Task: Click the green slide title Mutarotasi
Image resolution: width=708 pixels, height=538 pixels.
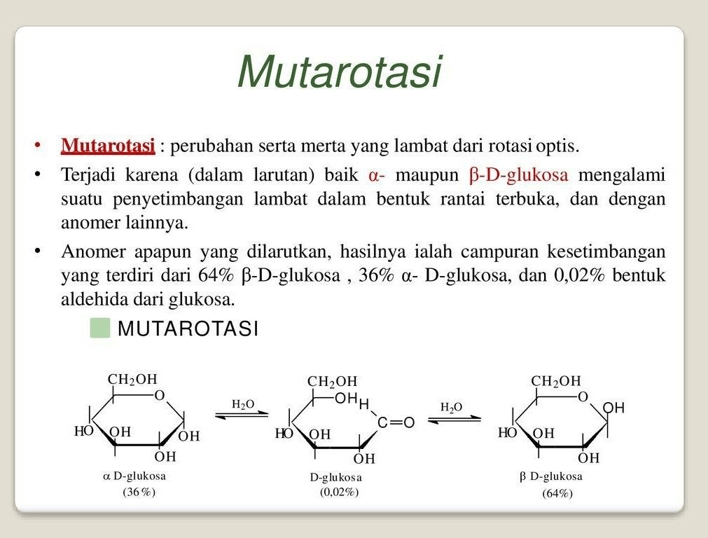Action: click(340, 71)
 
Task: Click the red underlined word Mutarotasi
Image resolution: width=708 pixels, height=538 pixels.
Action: click(108, 146)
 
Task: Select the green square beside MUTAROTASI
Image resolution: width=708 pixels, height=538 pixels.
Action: click(100, 328)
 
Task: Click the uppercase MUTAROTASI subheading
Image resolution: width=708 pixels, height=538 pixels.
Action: click(188, 328)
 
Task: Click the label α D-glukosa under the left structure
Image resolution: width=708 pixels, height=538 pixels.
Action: click(134, 476)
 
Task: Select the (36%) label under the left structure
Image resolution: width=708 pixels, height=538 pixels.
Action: click(139, 492)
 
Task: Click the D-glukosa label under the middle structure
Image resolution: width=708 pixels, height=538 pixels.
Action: click(337, 477)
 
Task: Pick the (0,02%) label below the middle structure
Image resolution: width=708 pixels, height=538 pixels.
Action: click(340, 492)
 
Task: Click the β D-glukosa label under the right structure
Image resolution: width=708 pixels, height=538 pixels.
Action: click(550, 476)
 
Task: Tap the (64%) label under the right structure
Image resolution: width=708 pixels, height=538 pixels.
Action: click(557, 493)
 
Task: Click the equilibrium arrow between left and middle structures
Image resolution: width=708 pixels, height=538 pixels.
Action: click(242, 415)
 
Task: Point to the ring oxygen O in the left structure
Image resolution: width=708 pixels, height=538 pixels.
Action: click(160, 396)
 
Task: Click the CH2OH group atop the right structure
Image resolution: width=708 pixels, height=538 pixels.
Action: click(556, 381)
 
